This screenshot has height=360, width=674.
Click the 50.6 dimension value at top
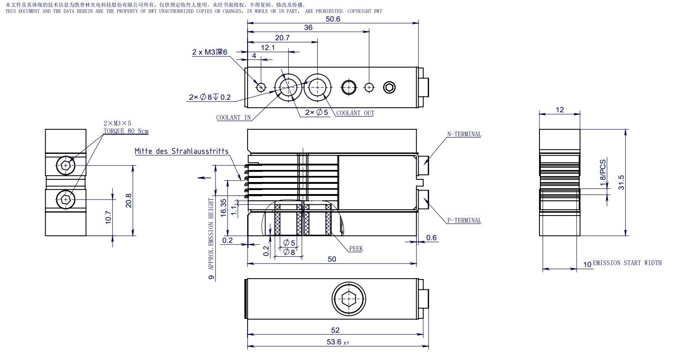pos(333,19)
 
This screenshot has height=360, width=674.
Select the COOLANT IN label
pos(233,117)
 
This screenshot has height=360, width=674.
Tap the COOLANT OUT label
pos(355,113)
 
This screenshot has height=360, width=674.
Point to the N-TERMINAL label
pos(464,134)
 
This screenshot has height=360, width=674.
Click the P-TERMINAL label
pos(464,220)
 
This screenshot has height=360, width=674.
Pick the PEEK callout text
pos(356,249)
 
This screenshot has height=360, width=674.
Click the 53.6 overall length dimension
pos(337,342)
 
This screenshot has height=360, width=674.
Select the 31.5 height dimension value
pos(621,182)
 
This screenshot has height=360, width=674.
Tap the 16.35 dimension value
pos(223,208)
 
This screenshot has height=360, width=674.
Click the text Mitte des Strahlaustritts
pos(181,151)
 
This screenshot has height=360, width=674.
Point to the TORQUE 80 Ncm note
pos(126,131)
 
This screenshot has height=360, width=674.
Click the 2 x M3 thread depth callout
pos(210,52)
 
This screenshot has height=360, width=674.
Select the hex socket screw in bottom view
pos(349,299)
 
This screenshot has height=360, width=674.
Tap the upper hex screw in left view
pos(66,165)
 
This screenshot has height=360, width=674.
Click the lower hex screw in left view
pos(66,199)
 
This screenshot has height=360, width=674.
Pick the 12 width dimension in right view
pos(560,110)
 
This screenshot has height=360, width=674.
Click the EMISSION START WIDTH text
pos(627,263)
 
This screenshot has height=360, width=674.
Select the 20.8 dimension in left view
pos(128,200)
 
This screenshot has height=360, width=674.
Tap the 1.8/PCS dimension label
pos(603,173)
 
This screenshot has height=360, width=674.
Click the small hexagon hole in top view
pos(389,88)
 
